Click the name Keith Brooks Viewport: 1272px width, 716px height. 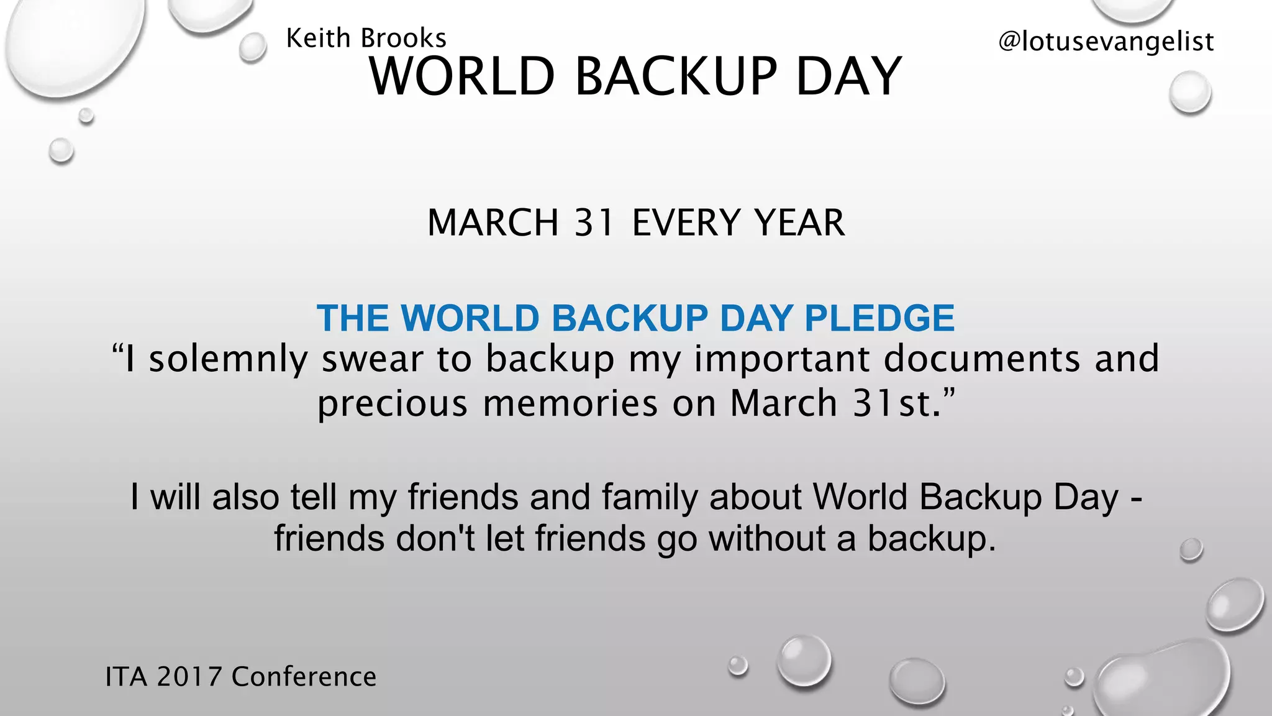(x=366, y=39)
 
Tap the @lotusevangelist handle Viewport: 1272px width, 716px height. (x=1106, y=42)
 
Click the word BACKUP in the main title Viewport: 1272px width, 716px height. (x=676, y=77)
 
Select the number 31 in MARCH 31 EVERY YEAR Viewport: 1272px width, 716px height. (x=594, y=223)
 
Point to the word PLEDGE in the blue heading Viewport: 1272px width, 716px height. (x=879, y=318)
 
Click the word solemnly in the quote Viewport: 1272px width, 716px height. (x=228, y=359)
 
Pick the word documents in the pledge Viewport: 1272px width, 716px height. (x=982, y=359)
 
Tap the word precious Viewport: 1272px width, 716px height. (x=392, y=403)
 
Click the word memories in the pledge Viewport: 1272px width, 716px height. (x=570, y=403)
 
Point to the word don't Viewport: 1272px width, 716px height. (x=435, y=538)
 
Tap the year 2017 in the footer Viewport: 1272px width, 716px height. (x=189, y=677)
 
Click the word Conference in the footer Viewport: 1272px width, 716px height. (x=304, y=677)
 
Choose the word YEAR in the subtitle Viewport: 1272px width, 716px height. (x=799, y=223)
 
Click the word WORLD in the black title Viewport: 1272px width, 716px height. (x=461, y=77)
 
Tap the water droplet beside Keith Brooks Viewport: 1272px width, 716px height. (x=253, y=47)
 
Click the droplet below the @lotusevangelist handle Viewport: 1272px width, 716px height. (x=1190, y=92)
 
